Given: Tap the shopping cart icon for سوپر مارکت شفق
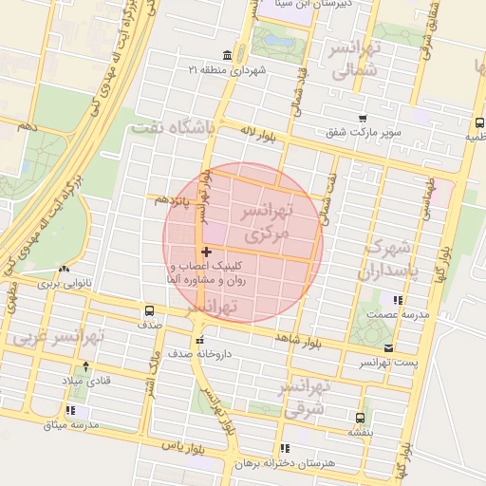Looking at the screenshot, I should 362,118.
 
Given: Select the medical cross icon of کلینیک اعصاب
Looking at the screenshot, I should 207,252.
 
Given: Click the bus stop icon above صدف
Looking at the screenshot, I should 149,310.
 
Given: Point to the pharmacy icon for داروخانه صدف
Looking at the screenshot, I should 198,341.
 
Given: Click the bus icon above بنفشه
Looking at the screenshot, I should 359,417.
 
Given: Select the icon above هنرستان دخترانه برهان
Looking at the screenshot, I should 284,448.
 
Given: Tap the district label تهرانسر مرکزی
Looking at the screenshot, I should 276,220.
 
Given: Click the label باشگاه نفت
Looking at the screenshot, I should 176,126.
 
